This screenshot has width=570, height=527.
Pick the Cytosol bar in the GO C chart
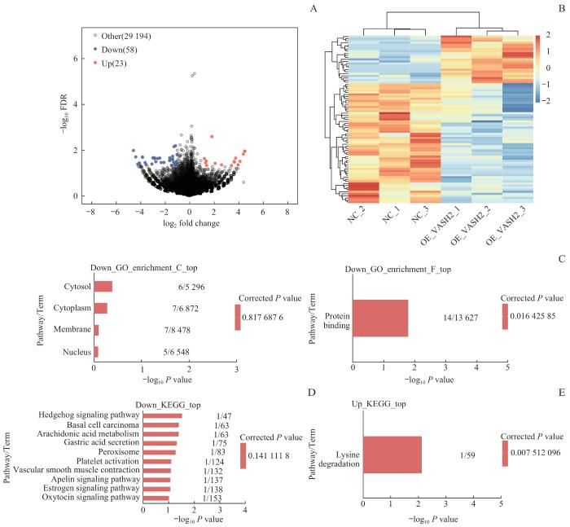click(x=103, y=286)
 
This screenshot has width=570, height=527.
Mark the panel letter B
click(x=560, y=10)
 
